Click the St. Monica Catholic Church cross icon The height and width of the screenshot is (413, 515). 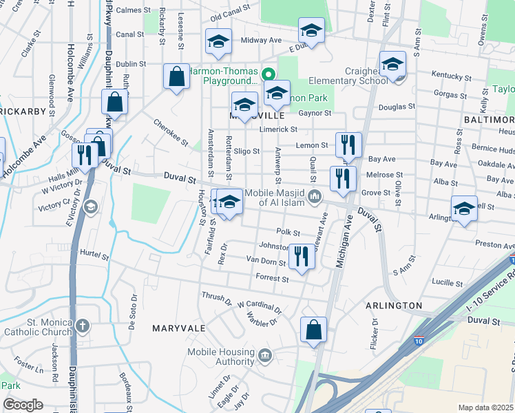point(82,325)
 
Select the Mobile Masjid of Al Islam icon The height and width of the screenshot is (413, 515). point(315,198)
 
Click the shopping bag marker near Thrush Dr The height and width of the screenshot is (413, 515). point(313,329)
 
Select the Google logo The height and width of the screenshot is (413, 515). point(23,405)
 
